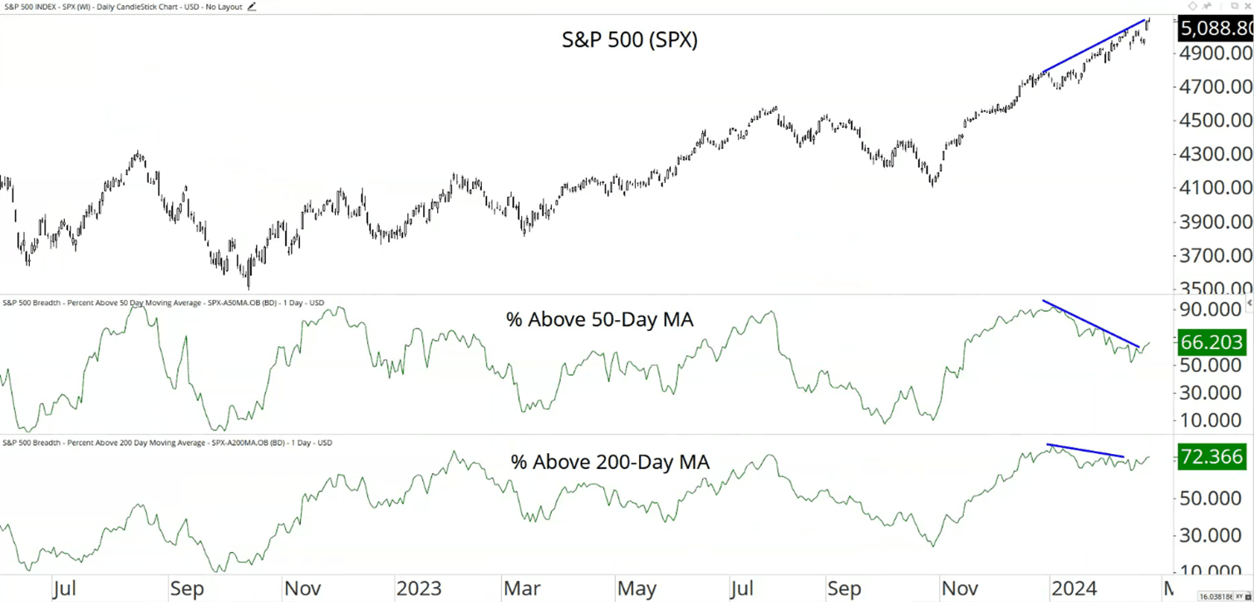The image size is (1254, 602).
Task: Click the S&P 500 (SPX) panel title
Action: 629,40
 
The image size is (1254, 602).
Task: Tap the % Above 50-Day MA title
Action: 599,318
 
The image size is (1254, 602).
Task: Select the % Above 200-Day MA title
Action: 610,462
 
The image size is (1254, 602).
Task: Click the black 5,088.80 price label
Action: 1215,29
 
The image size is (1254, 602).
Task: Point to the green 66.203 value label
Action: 1212,342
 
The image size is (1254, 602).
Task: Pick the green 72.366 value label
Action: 1212,456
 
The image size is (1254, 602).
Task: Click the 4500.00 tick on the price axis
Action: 1214,120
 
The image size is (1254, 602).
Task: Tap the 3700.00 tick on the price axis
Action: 1214,255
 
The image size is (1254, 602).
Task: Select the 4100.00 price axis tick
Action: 1214,188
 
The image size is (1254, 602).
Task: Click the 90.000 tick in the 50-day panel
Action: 1211,309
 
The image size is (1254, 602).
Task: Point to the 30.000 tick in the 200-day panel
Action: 1211,535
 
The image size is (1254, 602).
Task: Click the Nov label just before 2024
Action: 960,589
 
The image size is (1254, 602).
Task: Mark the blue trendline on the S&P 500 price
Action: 1095,46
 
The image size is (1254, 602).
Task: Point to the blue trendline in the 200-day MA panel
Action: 1084,451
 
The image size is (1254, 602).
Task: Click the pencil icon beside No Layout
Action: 252,7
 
